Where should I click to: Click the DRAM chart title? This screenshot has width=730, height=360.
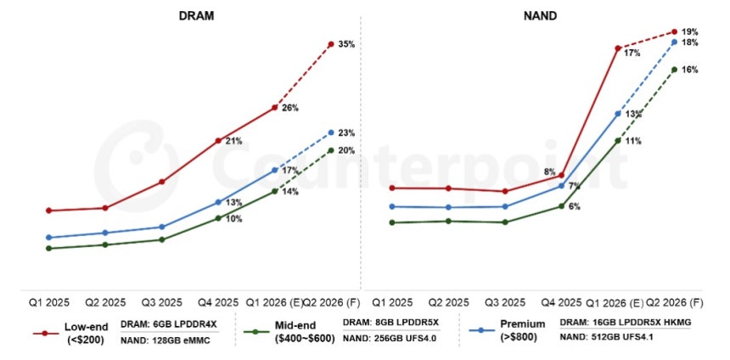[x=195, y=15]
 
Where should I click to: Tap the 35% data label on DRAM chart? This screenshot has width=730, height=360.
[x=346, y=44]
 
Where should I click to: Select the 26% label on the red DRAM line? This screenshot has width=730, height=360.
[x=290, y=108]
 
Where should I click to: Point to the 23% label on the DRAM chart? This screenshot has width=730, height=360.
[x=346, y=133]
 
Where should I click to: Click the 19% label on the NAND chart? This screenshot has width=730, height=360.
[x=690, y=31]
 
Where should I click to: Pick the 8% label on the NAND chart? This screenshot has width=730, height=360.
[x=550, y=173]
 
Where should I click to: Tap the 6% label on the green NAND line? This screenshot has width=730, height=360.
[x=575, y=206]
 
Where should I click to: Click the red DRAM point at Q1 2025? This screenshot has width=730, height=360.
[x=48, y=210]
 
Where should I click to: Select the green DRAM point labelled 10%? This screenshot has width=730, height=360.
[x=218, y=218]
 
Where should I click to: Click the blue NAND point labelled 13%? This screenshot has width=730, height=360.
[x=618, y=113]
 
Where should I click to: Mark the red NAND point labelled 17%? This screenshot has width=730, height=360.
[x=618, y=48]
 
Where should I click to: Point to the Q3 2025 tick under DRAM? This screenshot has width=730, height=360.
[x=161, y=302]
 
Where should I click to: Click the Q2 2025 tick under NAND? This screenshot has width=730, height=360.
[x=447, y=302]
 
